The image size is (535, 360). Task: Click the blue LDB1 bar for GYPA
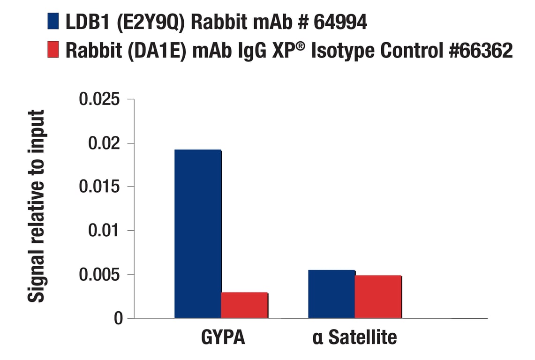click(197, 234)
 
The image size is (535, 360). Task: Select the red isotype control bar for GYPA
click(244, 305)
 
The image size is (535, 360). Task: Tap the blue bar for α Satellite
click(332, 294)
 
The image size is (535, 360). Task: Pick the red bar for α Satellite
click(378, 297)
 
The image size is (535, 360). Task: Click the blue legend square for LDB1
click(53, 22)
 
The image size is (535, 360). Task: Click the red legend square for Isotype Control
click(53, 50)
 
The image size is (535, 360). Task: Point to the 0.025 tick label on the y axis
click(99, 99)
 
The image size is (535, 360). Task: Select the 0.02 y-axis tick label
click(104, 143)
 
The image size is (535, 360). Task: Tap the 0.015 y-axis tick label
click(99, 187)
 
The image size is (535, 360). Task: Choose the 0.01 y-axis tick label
click(104, 231)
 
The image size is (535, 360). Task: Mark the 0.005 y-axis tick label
click(99, 275)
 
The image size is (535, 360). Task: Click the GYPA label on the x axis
click(223, 337)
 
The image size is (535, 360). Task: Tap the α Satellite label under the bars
click(354, 337)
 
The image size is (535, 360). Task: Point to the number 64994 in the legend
click(340, 22)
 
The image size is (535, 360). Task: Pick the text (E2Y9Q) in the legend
click(151, 22)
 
